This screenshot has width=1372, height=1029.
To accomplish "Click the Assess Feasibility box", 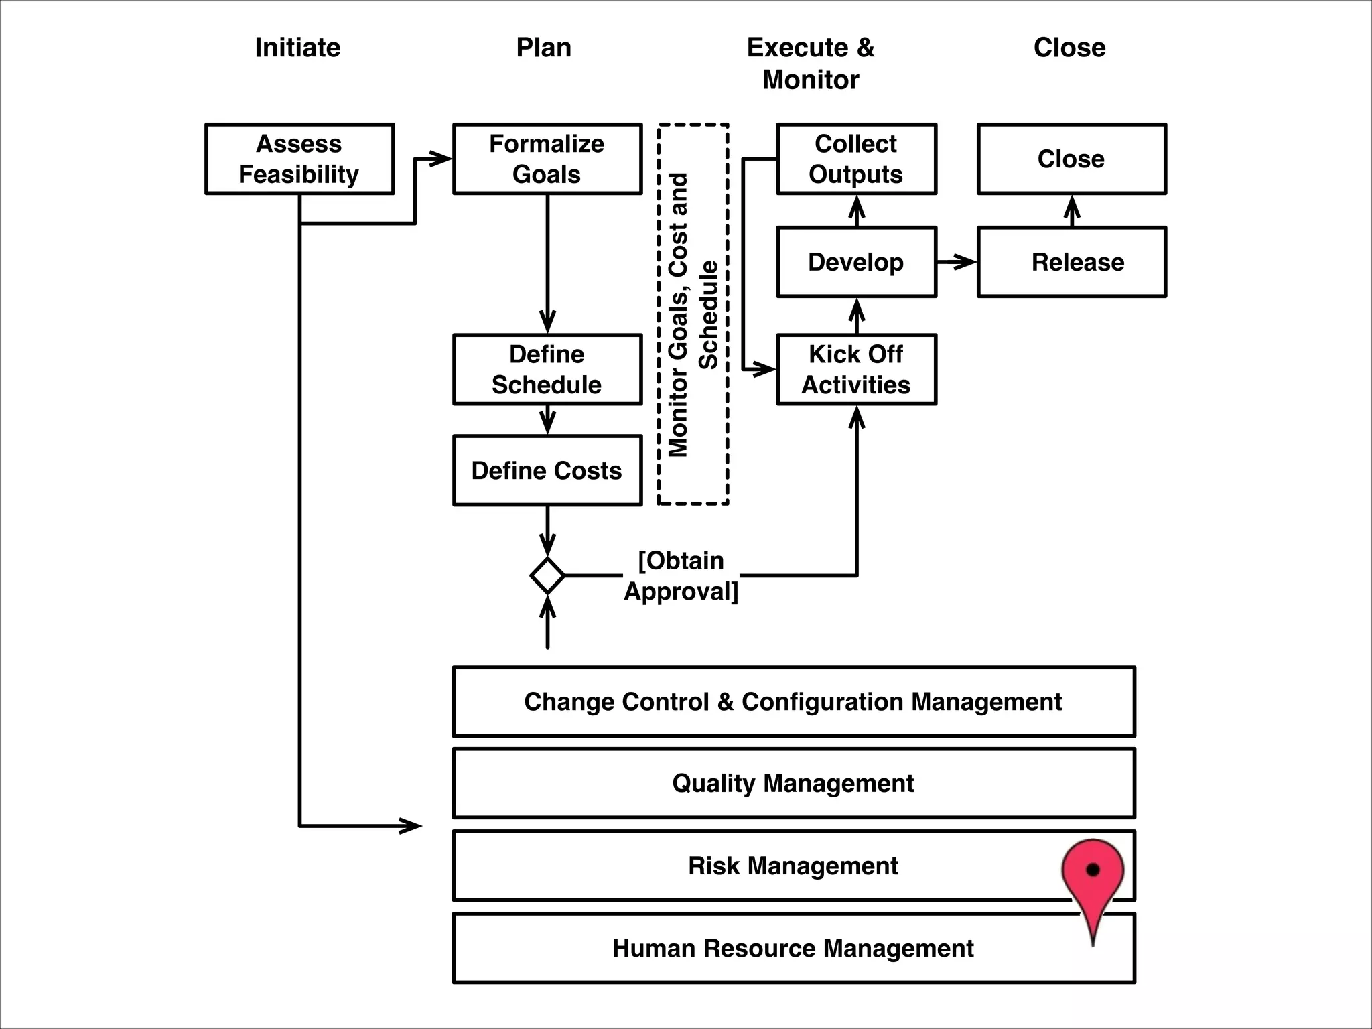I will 299,159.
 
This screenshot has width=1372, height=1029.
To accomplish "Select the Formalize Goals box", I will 547,159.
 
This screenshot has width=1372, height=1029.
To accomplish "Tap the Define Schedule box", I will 547,369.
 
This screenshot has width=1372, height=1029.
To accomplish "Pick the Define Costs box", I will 547,470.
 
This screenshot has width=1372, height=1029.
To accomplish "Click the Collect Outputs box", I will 856,159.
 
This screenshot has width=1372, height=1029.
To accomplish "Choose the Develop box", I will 856,262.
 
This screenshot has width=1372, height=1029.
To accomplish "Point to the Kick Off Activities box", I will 856,369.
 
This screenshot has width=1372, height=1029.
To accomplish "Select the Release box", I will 1071,262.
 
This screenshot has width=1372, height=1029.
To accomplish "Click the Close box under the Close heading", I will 1071,159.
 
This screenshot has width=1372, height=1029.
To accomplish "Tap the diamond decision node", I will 547,575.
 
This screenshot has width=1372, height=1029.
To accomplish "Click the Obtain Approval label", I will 681,575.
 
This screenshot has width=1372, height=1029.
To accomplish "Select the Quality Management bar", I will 793,783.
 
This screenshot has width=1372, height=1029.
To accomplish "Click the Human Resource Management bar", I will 793,949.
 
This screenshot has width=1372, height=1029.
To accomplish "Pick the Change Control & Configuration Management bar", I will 793,701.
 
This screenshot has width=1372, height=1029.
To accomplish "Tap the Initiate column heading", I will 297,48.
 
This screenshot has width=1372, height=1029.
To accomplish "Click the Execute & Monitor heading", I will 811,63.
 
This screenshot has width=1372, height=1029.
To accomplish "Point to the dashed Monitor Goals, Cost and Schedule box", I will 693,314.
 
